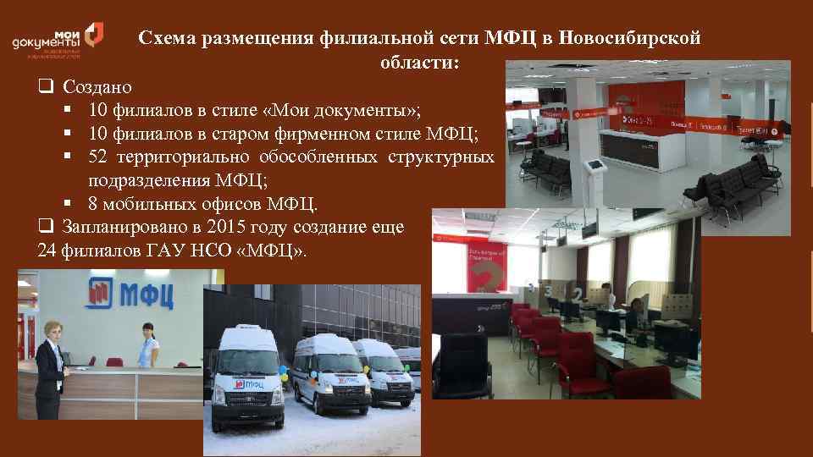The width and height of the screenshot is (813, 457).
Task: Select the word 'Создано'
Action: (x=95, y=87)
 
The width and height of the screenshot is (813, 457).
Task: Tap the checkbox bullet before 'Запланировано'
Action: (x=44, y=227)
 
